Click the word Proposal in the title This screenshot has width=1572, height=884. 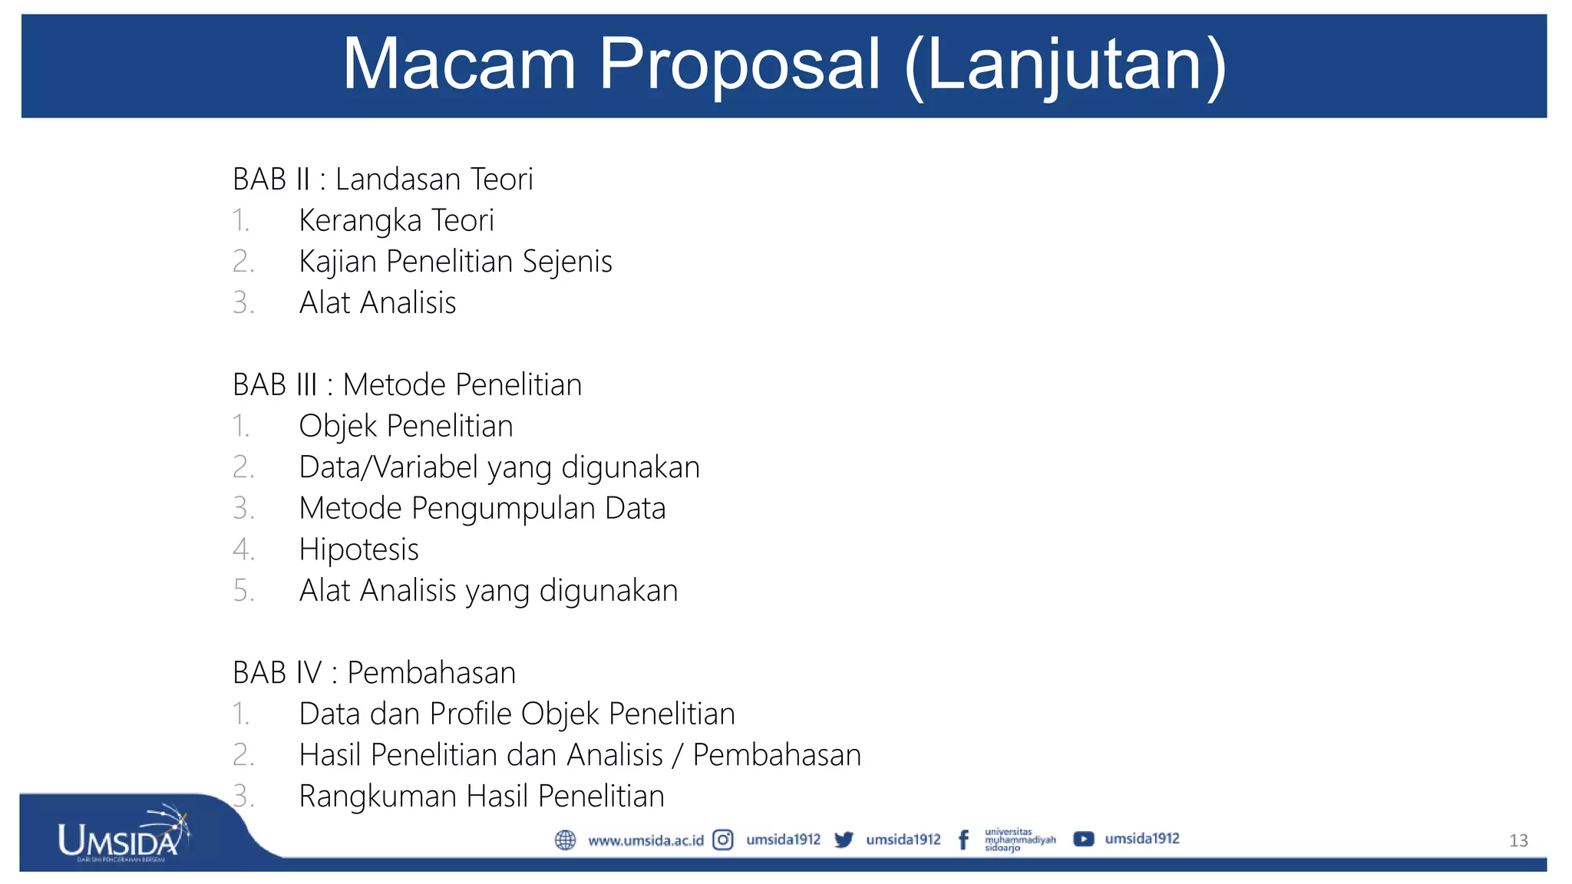[x=739, y=64]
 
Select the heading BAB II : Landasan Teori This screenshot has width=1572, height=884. [x=382, y=180]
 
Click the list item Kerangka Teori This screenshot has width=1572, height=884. [x=396, y=221]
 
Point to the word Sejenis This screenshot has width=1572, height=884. [x=567, y=262]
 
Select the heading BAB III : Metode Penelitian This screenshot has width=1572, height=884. [x=407, y=385]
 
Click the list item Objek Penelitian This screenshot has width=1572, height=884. [x=405, y=427]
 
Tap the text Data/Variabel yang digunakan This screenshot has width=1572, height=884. [x=499, y=467]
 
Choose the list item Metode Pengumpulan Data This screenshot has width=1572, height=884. [x=482, y=509]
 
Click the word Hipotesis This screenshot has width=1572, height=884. [x=358, y=550]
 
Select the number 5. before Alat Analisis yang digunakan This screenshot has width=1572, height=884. [x=243, y=591]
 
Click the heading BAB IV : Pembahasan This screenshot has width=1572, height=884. [x=374, y=673]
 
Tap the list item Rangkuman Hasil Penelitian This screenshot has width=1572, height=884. [x=481, y=797]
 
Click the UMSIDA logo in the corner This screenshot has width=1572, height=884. [x=123, y=836]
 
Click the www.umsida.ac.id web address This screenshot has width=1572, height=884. [x=646, y=841]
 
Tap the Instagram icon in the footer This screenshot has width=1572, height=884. [x=723, y=840]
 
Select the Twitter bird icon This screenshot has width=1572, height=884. [x=844, y=840]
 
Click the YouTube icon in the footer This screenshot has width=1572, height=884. [x=1083, y=839]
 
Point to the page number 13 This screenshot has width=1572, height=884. [x=1518, y=841]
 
